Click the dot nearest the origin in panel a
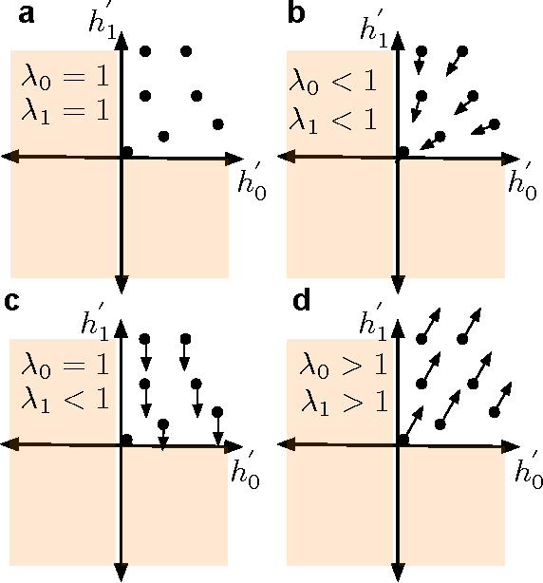click(x=127, y=151)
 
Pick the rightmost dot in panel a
click(x=218, y=123)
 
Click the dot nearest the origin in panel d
click(x=404, y=438)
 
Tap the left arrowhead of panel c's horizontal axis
click(x=8, y=442)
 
